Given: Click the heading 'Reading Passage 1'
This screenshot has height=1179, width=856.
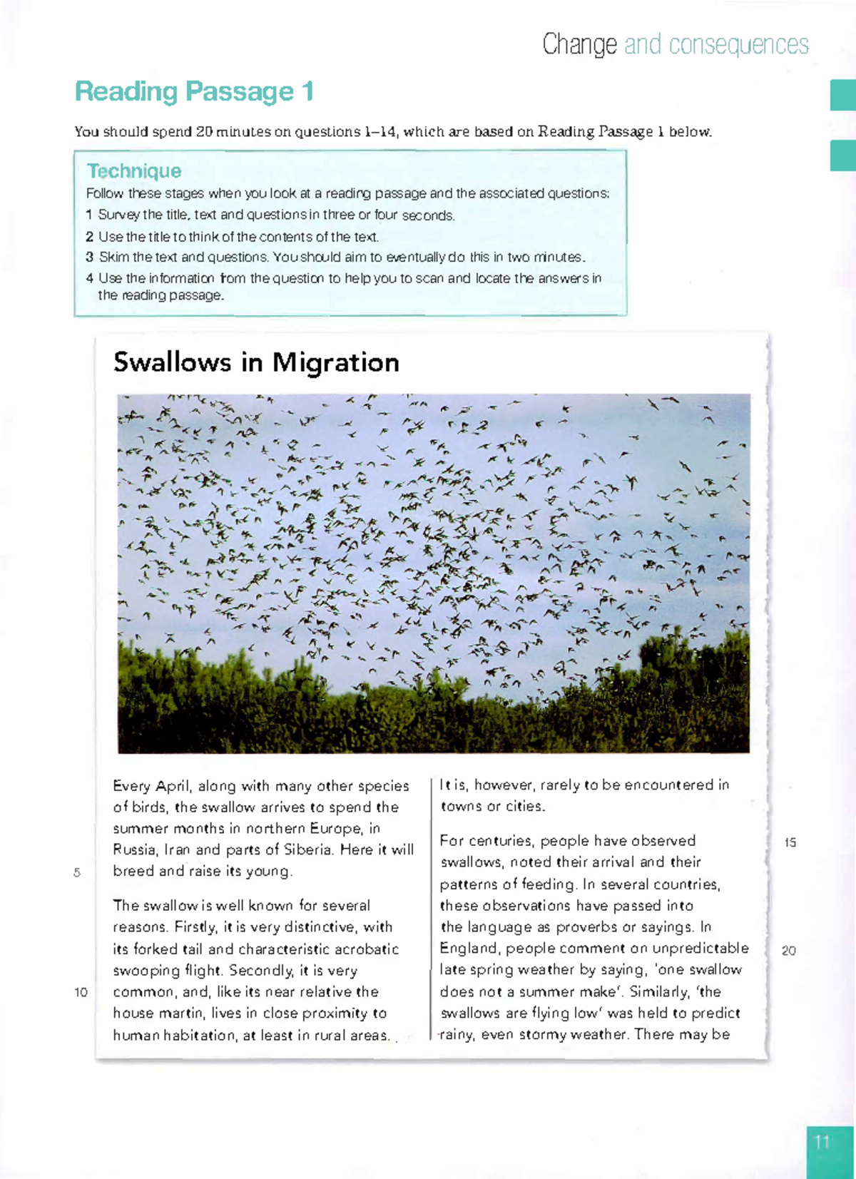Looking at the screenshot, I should pyautogui.click(x=194, y=92).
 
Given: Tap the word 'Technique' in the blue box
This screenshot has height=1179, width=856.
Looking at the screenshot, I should pyautogui.click(x=134, y=171).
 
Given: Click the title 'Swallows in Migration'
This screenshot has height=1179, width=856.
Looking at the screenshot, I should pyautogui.click(x=256, y=362).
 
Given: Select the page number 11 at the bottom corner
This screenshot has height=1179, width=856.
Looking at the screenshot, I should pyautogui.click(x=822, y=1142).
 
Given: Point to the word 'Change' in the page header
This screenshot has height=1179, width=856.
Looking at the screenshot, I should pyautogui.click(x=579, y=45).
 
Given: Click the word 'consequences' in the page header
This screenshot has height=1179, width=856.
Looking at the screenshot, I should pyautogui.click(x=739, y=45).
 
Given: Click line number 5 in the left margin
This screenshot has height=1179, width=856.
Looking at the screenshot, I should pyautogui.click(x=77, y=872).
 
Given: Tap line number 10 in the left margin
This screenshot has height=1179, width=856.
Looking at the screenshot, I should pyautogui.click(x=81, y=992).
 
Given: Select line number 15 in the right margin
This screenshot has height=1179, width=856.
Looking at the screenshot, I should pyautogui.click(x=790, y=842).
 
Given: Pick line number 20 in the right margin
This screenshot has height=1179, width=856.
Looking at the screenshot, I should pyautogui.click(x=788, y=951).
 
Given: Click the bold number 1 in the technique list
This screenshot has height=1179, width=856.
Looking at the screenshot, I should pyautogui.click(x=89, y=215).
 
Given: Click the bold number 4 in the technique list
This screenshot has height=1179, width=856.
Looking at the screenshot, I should pyautogui.click(x=90, y=278).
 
